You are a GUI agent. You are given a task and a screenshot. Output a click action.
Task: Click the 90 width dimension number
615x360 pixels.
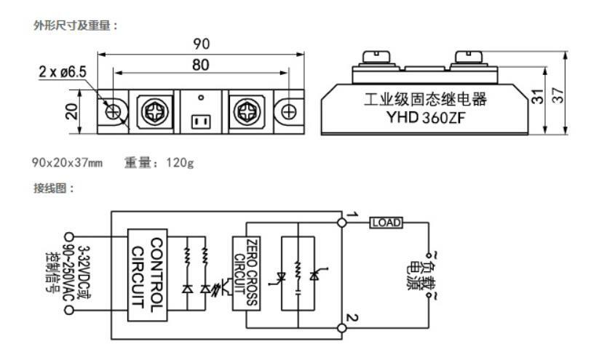click(202, 44)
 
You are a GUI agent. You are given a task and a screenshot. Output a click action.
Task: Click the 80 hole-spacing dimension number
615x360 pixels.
click(202, 65)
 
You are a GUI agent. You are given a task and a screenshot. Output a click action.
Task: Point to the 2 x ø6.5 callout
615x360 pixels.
click(63, 72)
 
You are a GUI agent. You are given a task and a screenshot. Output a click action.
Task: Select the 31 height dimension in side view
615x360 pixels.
click(537, 97)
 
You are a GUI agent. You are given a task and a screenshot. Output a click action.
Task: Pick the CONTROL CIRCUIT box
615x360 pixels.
click(147, 275)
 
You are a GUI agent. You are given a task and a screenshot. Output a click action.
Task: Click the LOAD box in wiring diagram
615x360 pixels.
click(386, 223)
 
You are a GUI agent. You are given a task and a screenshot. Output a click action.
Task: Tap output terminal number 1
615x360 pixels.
click(350, 215)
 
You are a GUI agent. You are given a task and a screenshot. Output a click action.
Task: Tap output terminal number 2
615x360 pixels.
click(350, 319)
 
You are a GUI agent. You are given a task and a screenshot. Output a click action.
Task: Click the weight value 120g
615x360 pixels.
click(180, 162)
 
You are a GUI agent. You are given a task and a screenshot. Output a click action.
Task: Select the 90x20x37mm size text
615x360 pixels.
click(67, 162)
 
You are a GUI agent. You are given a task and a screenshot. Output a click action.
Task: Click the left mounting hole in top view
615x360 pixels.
click(114, 112)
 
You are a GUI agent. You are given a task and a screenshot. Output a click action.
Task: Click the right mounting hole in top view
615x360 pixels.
click(288, 112)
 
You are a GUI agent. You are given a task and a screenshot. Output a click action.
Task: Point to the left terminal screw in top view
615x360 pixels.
click(152, 112)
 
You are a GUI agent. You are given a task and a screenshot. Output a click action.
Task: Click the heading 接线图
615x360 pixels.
click(54, 188)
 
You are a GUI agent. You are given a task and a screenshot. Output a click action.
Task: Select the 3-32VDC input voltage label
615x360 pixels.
click(81, 268)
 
